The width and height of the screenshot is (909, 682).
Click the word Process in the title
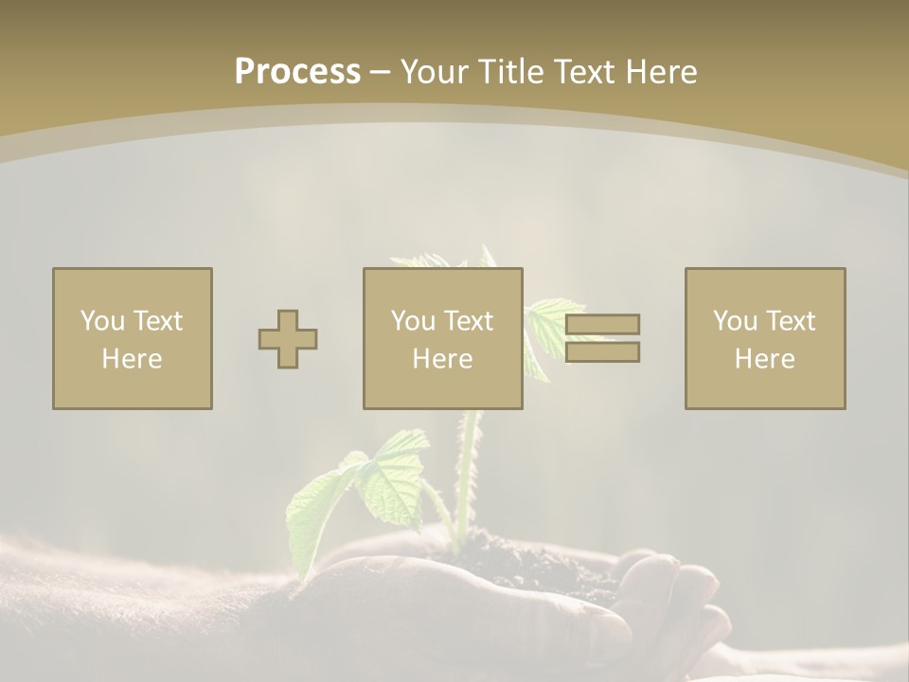pos(297,71)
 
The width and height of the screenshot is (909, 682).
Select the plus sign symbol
pos(288,339)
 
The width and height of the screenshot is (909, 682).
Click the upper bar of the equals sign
pos(602,324)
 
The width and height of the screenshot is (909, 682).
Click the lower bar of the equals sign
pos(602,352)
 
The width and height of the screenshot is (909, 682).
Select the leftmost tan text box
pos(133,338)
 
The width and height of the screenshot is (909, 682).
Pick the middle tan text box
pos(442,338)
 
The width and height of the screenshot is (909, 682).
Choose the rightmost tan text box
pos(764,338)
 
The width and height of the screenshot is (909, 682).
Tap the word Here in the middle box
pos(442,359)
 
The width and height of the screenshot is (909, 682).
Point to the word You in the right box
pos(736,321)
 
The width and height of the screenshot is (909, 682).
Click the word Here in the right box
pos(764,359)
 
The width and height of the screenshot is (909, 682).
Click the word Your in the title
pos(433,71)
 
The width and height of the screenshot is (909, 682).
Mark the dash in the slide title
pos(380,72)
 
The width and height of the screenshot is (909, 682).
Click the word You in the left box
pos(102,321)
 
